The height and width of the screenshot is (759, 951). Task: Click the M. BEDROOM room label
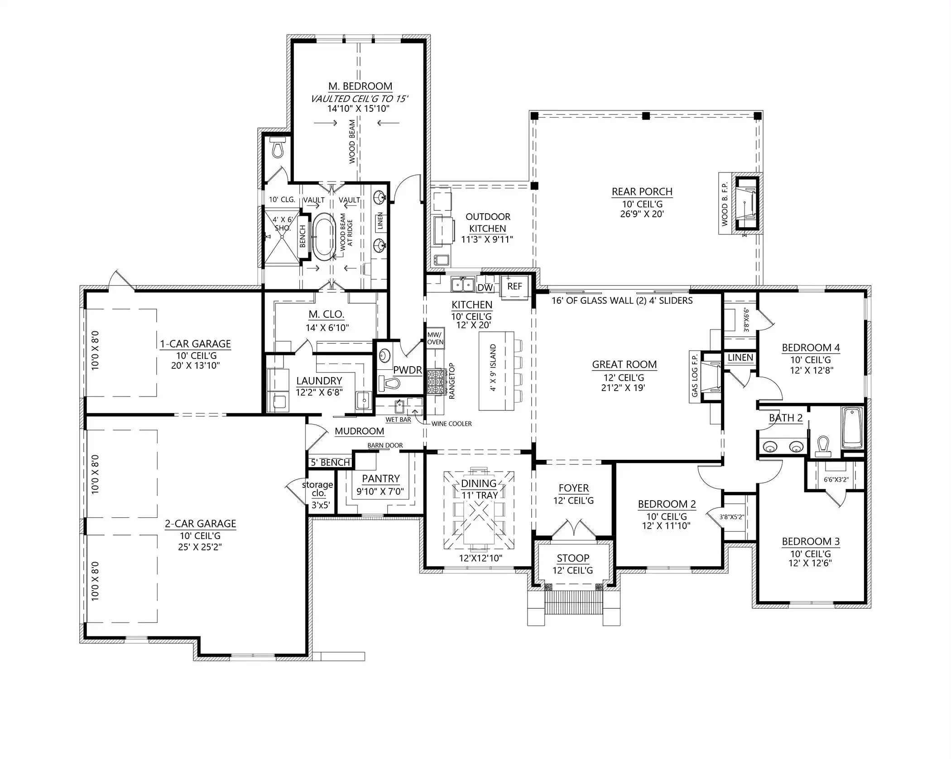[360, 86]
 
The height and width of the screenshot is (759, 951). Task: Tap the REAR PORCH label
[642, 191]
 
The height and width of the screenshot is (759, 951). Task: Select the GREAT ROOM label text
[624, 364]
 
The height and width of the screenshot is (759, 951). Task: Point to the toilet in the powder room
[390, 383]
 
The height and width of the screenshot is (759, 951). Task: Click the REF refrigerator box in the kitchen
[514, 286]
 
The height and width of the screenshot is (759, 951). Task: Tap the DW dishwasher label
[485, 287]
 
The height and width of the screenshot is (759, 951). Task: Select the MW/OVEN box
[435, 338]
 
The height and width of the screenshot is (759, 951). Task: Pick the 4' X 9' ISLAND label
[493, 368]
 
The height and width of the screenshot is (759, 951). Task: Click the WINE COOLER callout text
[451, 424]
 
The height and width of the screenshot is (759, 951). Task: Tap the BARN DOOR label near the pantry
[385, 445]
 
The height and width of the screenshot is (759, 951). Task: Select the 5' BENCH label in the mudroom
[331, 463]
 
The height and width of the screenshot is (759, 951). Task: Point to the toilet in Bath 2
[824, 446]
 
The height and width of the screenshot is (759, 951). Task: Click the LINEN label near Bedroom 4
[740, 358]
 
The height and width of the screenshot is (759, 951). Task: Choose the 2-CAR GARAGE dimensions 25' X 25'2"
[200, 547]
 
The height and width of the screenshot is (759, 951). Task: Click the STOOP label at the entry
[573, 558]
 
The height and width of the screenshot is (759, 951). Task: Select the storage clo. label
[318, 489]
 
